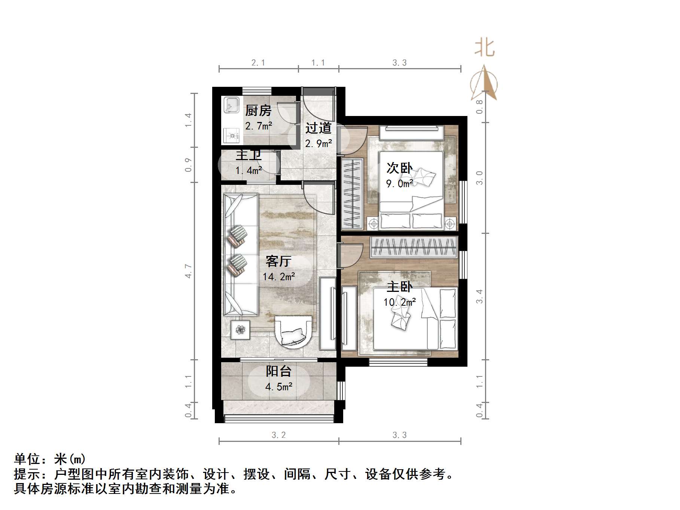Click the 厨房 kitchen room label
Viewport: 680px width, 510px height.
(258, 111)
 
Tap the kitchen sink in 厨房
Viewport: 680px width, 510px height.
(231, 105)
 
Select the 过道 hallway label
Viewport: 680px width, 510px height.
(318, 128)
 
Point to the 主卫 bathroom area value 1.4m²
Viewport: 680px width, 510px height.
(248, 171)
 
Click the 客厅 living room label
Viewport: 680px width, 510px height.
(278, 261)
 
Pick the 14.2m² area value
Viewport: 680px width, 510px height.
(279, 277)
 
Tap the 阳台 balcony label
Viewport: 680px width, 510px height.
(278, 371)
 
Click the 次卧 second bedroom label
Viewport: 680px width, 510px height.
(399, 168)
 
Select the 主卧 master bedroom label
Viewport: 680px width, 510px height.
(399, 287)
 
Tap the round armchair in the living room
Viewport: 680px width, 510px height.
(293, 332)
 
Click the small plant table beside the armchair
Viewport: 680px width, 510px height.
(240, 330)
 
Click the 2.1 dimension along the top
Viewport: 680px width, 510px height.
(258, 63)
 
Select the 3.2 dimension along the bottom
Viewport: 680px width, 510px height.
(278, 435)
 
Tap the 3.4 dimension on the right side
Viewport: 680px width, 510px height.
(479, 296)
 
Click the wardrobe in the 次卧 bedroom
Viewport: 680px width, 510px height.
(352, 194)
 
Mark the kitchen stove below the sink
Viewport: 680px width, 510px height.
(232, 136)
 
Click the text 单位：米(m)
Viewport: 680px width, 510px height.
(50, 459)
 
